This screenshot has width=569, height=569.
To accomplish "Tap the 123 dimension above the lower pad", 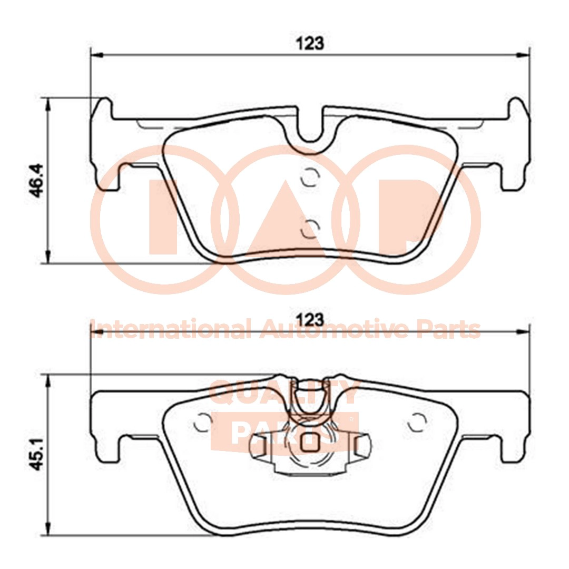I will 312,319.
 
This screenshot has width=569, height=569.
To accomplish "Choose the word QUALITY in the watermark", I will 284,393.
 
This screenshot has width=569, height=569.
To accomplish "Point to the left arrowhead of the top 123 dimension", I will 96,54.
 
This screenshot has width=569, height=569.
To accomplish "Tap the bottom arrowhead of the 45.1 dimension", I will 48,530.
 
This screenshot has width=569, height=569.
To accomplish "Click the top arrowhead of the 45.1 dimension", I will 48,381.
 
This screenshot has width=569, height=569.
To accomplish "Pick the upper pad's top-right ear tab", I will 518,108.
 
